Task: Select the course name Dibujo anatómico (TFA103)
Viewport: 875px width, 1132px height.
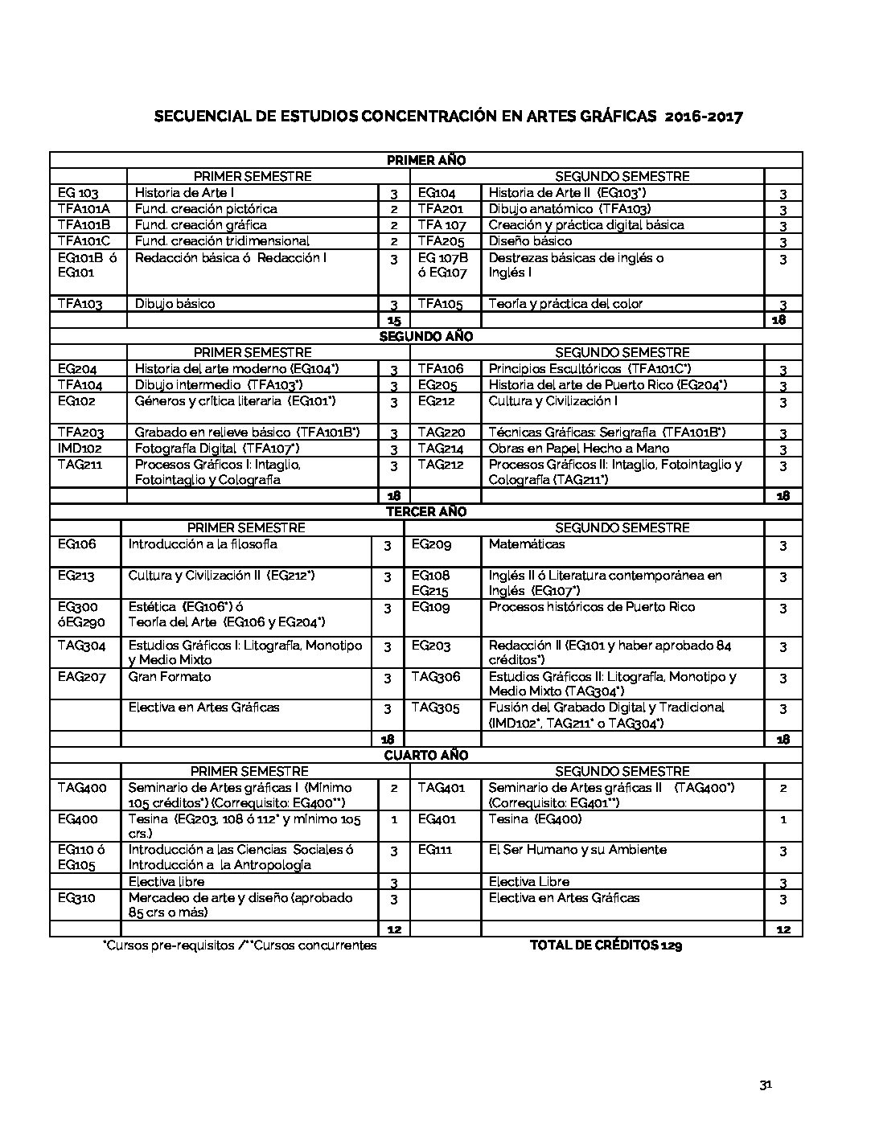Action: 569,209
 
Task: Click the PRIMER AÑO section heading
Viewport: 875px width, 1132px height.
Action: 426,160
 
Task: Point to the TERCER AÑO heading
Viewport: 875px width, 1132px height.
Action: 426,511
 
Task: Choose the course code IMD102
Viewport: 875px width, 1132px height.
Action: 80,448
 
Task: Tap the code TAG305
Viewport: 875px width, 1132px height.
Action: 436,707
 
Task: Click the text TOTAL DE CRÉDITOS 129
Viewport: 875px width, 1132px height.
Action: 606,945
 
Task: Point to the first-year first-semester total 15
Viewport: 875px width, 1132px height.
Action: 394,320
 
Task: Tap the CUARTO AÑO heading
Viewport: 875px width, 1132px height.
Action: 426,755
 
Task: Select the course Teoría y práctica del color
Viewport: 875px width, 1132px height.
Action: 565,304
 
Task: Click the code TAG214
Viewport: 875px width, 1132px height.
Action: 441,448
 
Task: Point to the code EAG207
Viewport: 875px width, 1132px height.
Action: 81,677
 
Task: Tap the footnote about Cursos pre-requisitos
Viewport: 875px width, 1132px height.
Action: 240,945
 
